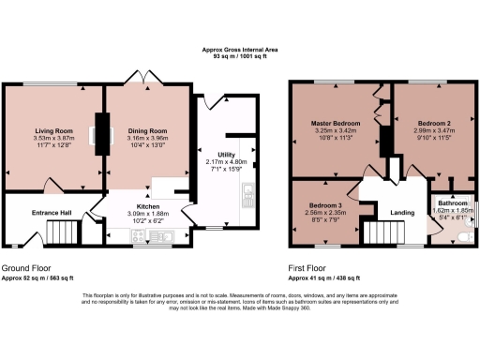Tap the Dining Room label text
click(147, 130)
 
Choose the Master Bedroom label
click(337, 123)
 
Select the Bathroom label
click(452, 203)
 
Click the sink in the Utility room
click(247, 195)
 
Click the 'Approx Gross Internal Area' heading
click(239, 51)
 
